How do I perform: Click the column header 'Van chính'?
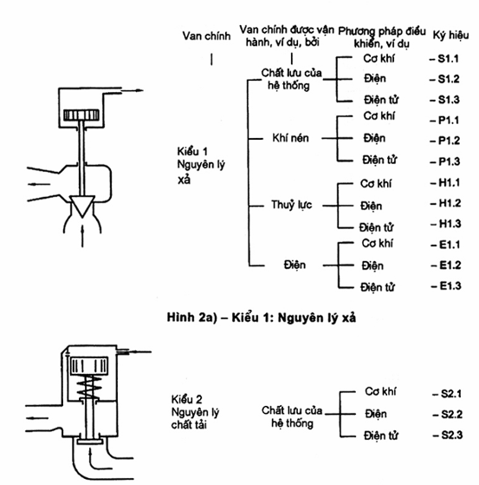tap(206, 36)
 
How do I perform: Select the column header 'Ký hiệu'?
tap(450, 36)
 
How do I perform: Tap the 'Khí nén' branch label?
tap(290, 138)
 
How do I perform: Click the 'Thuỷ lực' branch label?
tap(292, 205)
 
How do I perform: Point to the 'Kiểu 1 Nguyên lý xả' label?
tap(201, 166)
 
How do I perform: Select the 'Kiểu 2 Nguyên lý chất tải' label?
tap(195, 412)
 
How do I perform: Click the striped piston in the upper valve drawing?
tap(81, 115)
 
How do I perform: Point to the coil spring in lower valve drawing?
tap(89, 387)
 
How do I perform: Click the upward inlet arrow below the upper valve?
tap(82, 236)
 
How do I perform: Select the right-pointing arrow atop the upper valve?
tap(132, 90)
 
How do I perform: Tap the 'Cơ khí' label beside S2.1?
tap(380, 391)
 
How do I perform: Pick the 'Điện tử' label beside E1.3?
tap(377, 287)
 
